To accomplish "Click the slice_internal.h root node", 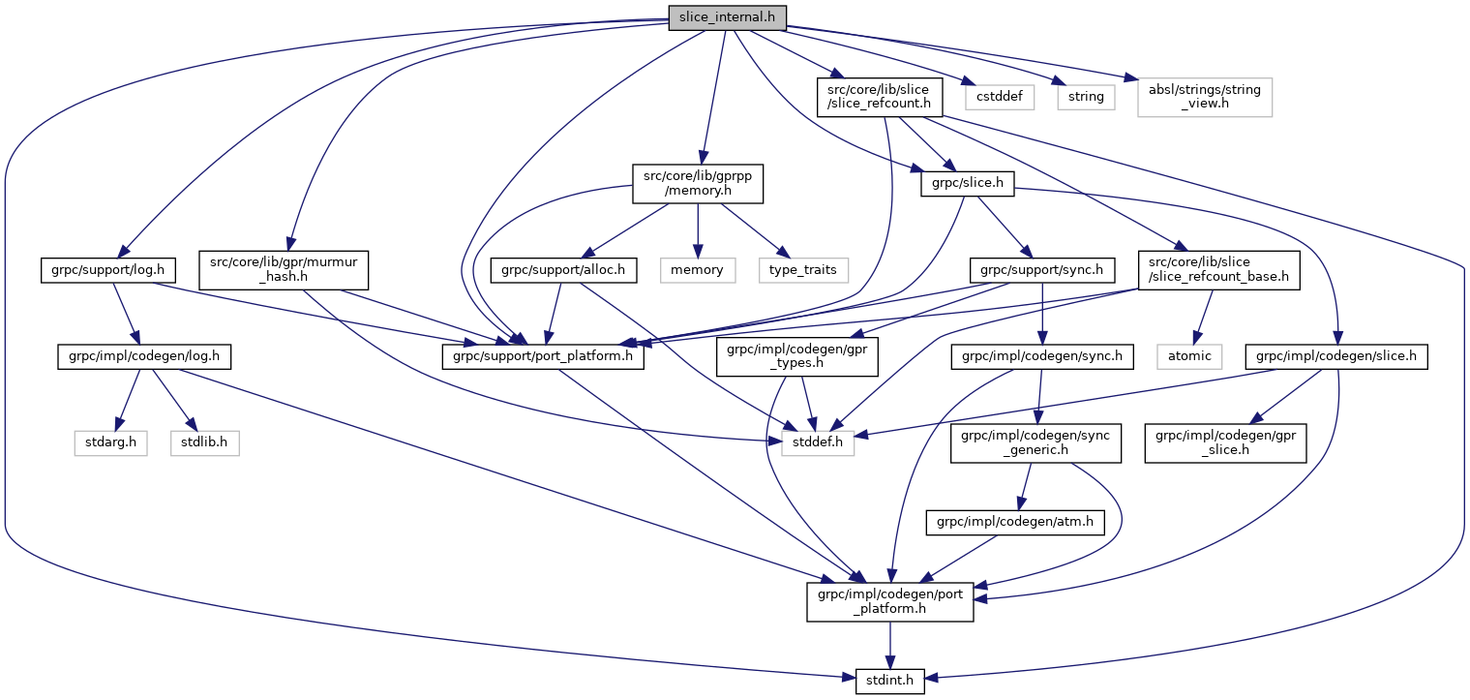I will (726, 16).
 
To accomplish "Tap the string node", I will (1086, 97).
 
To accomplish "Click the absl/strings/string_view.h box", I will (1204, 97).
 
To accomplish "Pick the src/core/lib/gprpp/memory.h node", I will (698, 183).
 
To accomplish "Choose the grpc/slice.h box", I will (966, 183).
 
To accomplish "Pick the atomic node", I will (1189, 355).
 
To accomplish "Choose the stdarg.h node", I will (110, 442).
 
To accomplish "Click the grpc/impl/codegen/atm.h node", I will (1015, 523).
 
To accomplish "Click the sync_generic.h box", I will (1035, 442).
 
